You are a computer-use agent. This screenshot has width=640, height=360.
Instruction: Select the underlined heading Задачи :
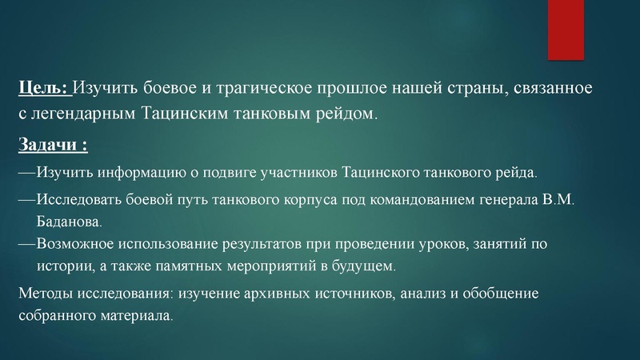pos(52,146)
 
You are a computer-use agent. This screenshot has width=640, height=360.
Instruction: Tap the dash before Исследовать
pos(26,199)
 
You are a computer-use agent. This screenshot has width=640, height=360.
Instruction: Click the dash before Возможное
pos(26,242)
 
